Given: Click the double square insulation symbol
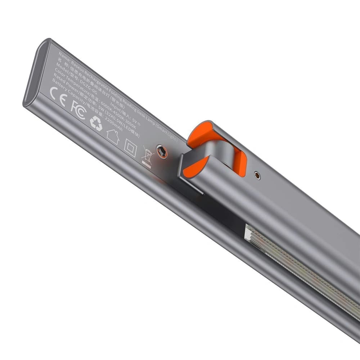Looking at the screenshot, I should (x=130, y=148).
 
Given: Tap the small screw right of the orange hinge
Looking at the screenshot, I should (x=257, y=175).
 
